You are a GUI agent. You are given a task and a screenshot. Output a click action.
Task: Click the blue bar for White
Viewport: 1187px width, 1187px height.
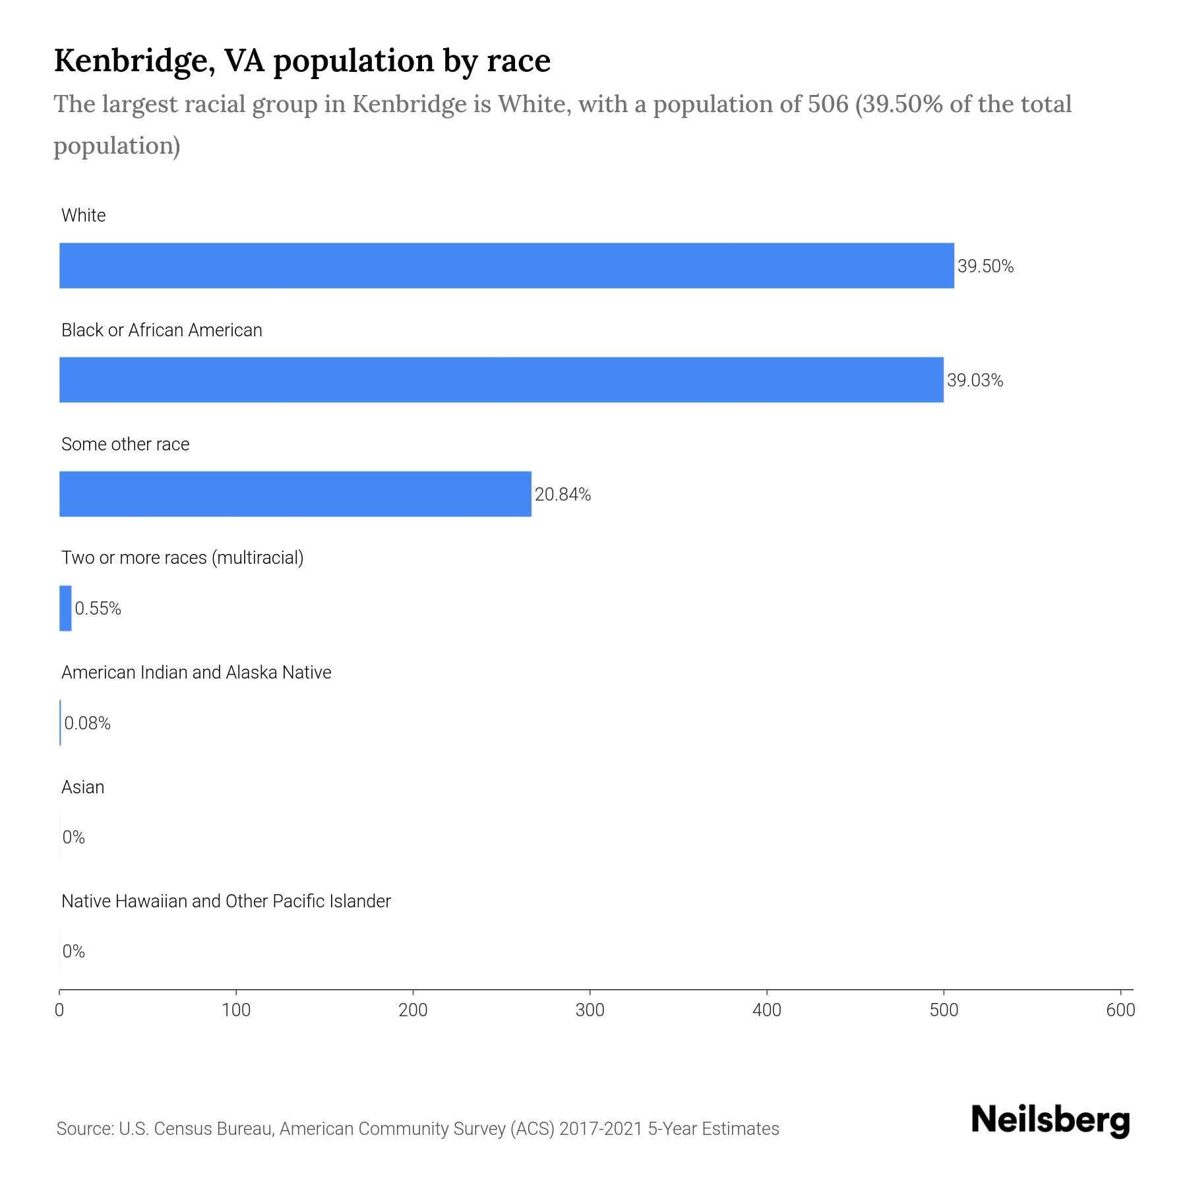(506, 266)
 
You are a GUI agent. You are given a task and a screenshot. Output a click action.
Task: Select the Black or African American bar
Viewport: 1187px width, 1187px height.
(501, 380)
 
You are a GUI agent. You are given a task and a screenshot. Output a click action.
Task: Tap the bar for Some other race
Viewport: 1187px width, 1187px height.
(295, 494)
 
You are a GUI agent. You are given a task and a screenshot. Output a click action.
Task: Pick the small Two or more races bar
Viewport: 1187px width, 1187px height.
(65, 608)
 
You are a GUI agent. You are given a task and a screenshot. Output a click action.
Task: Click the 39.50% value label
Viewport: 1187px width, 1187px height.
(985, 266)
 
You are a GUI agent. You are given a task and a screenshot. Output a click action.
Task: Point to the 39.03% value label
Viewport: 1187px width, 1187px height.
(975, 380)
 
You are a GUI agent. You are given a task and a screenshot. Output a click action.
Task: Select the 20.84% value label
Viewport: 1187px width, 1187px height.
(563, 495)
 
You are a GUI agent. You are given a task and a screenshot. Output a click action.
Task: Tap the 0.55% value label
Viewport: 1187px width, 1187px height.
(98, 609)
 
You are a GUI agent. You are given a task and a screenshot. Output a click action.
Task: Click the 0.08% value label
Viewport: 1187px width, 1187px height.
(87, 723)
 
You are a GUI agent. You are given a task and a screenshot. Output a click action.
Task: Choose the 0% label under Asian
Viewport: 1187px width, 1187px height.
(74, 837)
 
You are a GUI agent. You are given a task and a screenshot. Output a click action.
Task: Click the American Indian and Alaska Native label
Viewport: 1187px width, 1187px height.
(196, 673)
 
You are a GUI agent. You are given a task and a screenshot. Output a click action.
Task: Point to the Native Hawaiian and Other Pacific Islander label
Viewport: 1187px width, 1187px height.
(226, 901)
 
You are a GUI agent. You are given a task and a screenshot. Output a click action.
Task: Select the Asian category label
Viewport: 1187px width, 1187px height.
(82, 787)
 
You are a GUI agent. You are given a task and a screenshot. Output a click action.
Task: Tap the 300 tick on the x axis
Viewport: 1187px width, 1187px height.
(590, 1010)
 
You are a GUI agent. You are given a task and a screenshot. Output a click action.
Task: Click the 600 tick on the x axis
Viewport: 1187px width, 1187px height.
(1120, 1010)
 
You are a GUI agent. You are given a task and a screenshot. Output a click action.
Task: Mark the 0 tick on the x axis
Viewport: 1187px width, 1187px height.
(59, 1010)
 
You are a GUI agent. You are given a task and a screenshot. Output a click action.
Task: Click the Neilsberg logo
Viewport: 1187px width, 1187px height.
(1050, 1120)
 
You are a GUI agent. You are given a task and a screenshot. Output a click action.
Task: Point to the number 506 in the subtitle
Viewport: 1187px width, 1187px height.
(828, 104)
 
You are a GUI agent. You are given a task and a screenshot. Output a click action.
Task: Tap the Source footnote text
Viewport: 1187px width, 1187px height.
(417, 1129)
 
